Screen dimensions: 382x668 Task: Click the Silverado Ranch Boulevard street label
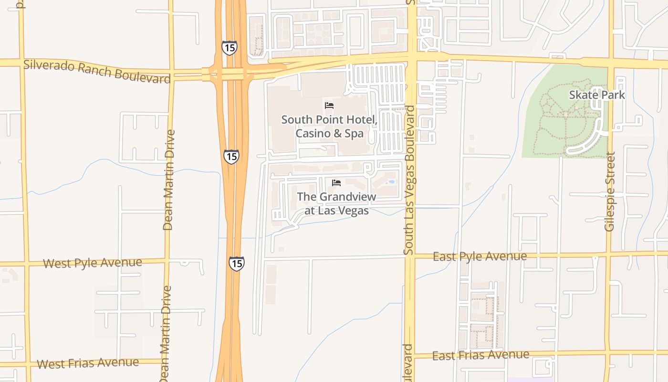pyautogui.click(x=97, y=71)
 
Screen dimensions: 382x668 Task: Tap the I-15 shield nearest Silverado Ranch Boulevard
pyautogui.click(x=229, y=47)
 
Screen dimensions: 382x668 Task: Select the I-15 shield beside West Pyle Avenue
pyautogui.click(x=236, y=263)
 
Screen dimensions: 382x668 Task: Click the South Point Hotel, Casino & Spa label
pyautogui.click(x=329, y=127)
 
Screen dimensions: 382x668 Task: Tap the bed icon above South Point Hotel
pyautogui.click(x=329, y=105)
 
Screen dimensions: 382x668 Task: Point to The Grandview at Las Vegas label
pyautogui.click(x=336, y=203)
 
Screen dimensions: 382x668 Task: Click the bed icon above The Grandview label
pyautogui.click(x=336, y=182)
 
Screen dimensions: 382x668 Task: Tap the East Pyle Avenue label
pyautogui.click(x=480, y=256)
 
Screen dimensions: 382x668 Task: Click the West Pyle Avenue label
pyautogui.click(x=93, y=263)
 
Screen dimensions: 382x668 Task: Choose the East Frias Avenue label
pyautogui.click(x=480, y=355)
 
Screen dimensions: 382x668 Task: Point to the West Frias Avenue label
pyautogui.click(x=88, y=363)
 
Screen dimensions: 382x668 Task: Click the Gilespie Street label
pyautogui.click(x=610, y=191)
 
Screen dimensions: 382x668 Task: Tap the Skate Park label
pyautogui.click(x=597, y=95)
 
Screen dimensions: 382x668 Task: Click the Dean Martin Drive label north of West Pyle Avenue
pyautogui.click(x=168, y=180)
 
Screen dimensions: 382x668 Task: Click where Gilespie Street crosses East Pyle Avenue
pyautogui.click(x=609, y=254)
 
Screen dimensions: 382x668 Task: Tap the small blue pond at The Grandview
pyautogui.click(x=391, y=182)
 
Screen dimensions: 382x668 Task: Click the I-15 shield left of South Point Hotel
pyautogui.click(x=231, y=157)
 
